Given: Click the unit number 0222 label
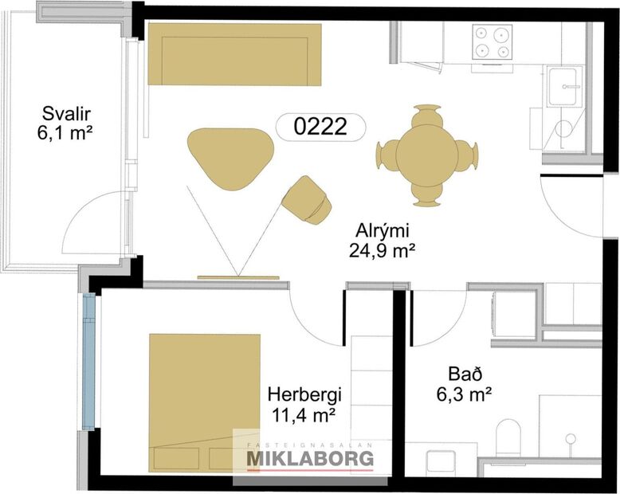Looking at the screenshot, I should [x=320, y=126].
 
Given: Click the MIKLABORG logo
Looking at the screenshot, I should [x=310, y=458].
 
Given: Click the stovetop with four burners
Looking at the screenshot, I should [x=492, y=42].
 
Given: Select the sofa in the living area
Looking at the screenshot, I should [x=235, y=53].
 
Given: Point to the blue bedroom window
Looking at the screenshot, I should [x=88, y=359].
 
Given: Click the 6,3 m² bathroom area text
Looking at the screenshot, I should [x=462, y=393].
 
